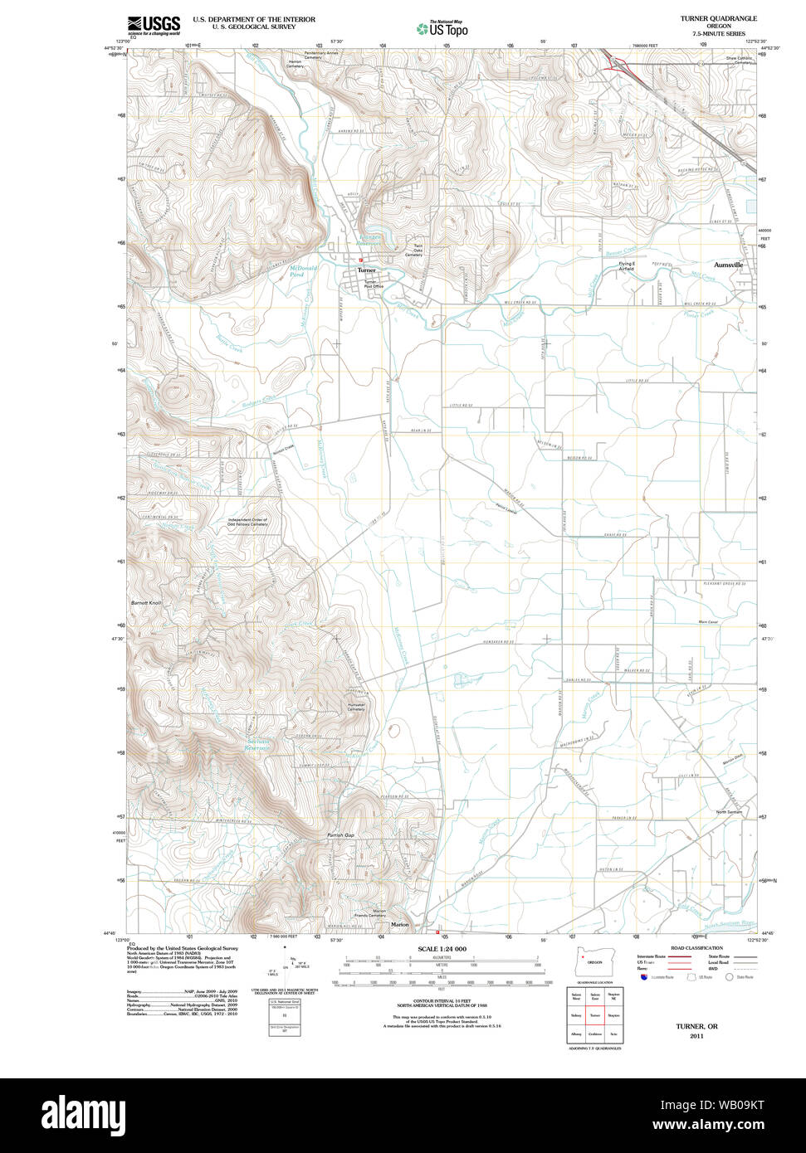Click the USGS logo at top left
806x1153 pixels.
[x=154, y=25]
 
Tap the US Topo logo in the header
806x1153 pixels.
[x=442, y=28]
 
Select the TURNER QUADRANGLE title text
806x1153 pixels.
[x=718, y=17]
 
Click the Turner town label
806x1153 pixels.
[x=366, y=270]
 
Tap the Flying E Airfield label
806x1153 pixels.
[x=626, y=266]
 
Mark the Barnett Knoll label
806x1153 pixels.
[x=146, y=602]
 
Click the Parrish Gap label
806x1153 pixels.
[x=340, y=835]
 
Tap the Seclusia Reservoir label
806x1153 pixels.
[x=258, y=744]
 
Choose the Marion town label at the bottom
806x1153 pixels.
[x=400, y=924]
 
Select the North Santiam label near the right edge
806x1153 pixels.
[x=729, y=811]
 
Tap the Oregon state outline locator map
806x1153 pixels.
[x=591, y=964]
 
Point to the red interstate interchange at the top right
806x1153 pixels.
[x=614, y=63]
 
